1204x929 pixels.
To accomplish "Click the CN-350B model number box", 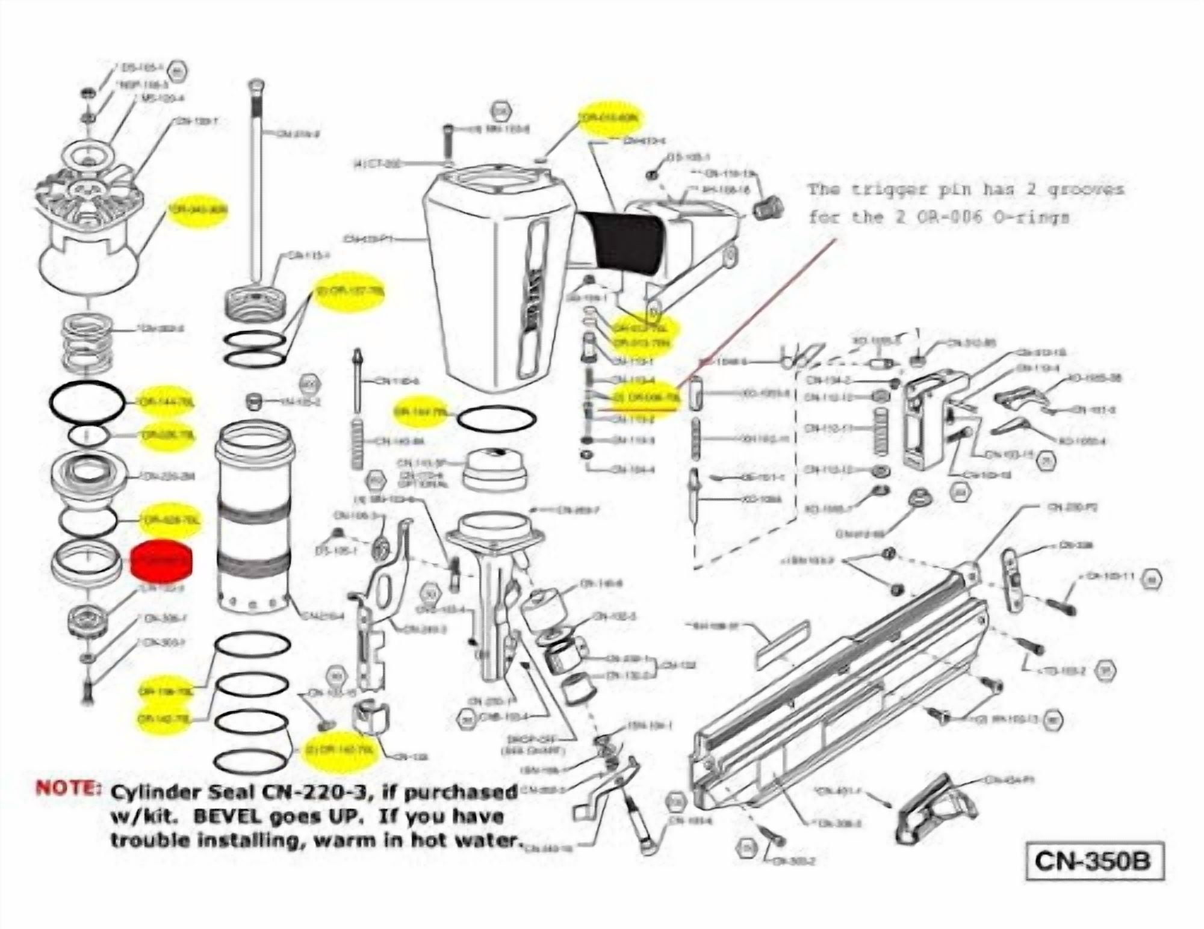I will [x=1094, y=861].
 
